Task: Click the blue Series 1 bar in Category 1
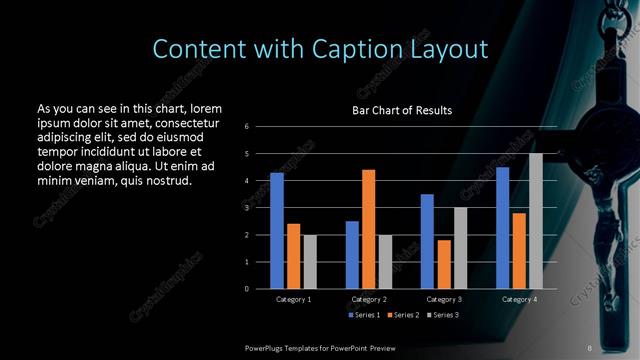(277, 231)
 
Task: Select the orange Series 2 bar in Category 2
(368, 229)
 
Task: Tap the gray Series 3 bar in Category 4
(536, 221)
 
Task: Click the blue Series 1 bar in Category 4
(502, 228)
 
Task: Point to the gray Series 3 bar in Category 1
(310, 262)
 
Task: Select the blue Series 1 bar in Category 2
(352, 255)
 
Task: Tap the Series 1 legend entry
(366, 315)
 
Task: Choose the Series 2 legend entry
(402, 315)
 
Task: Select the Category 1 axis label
(293, 299)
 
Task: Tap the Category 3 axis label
(444, 299)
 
